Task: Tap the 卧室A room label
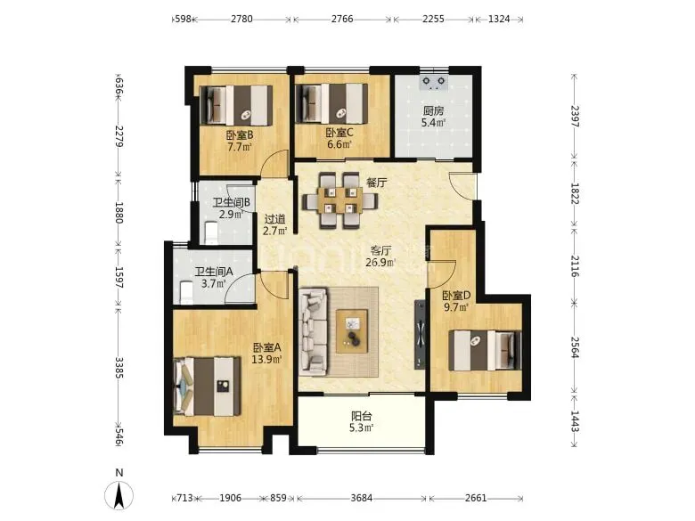[x=267, y=347]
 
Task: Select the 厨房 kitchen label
[x=433, y=110]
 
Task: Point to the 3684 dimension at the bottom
[x=361, y=498]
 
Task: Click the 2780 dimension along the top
[x=241, y=19]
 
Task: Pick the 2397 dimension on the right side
[x=575, y=116]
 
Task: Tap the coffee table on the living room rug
[x=352, y=331]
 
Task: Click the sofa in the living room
[x=314, y=331]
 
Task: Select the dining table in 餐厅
[x=340, y=200]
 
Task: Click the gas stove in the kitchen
[x=434, y=83]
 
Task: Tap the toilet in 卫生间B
[x=210, y=233]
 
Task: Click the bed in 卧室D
[x=485, y=350]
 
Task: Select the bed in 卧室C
[x=332, y=103]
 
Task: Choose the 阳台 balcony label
[x=361, y=416]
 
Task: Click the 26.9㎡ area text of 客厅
[x=380, y=262]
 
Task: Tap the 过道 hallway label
[x=274, y=219]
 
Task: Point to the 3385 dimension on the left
[x=119, y=368]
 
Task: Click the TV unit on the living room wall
[x=420, y=335]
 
